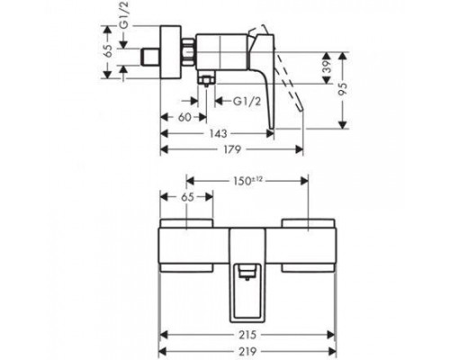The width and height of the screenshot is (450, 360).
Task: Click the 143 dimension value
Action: pos(218,133)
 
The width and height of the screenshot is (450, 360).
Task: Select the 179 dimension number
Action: pos(231,149)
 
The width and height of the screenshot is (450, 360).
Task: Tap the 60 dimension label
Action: pos(184,117)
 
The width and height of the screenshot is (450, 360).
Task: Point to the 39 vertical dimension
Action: pos(328,67)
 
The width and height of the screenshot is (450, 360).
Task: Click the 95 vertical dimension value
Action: pos(343,89)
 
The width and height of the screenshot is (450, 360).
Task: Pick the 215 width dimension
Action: pos(247,335)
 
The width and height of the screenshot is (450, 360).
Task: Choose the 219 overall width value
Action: pos(247,350)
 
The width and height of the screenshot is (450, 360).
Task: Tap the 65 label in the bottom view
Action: pos(187,197)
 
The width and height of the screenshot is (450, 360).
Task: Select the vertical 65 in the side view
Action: pos(108,50)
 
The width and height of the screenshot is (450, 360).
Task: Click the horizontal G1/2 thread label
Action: pos(247,102)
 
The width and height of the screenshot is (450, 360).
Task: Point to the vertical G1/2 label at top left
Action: pos(123,15)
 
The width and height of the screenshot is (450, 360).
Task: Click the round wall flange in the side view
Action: pos(171,52)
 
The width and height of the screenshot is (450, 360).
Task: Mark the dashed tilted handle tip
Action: pos(300,108)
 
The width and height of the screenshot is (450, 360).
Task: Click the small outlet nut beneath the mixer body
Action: pos(206,80)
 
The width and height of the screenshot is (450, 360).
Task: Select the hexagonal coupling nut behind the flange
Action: pos(188,51)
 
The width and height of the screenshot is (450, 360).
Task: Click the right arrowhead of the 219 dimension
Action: pos(332,350)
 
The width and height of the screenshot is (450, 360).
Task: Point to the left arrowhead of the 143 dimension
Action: pos(165,133)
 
